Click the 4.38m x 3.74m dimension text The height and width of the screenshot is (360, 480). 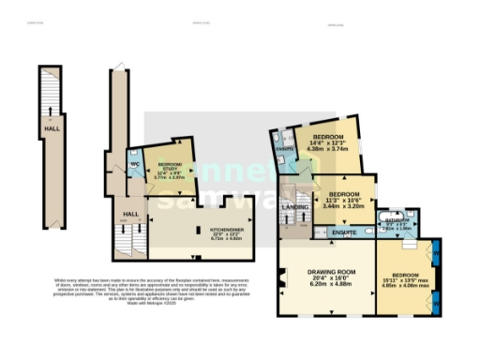point(329,149)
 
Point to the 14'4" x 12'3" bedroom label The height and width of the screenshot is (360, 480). point(329,142)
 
